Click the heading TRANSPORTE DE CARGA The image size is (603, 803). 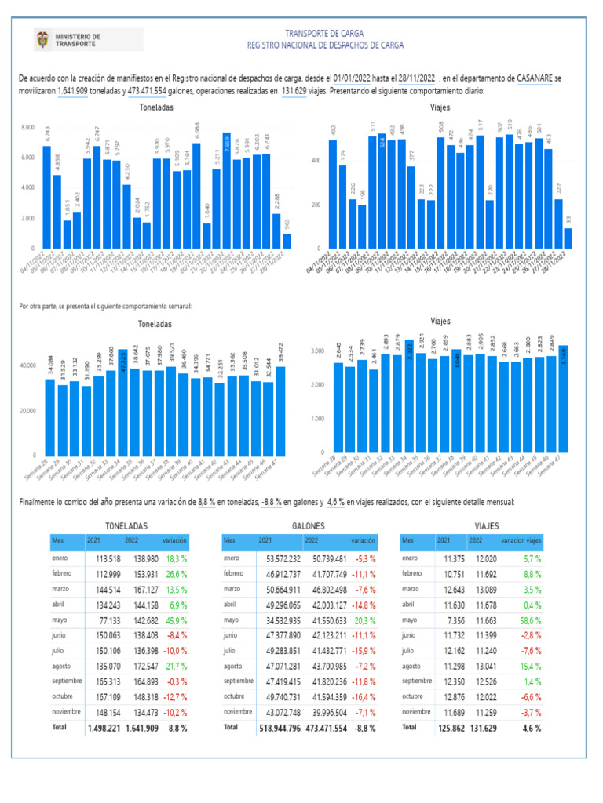pos(324,34)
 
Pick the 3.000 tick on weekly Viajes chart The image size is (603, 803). pos(317,351)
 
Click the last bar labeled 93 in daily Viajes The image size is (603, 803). pos(568,238)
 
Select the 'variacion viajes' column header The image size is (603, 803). pos(521,541)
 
